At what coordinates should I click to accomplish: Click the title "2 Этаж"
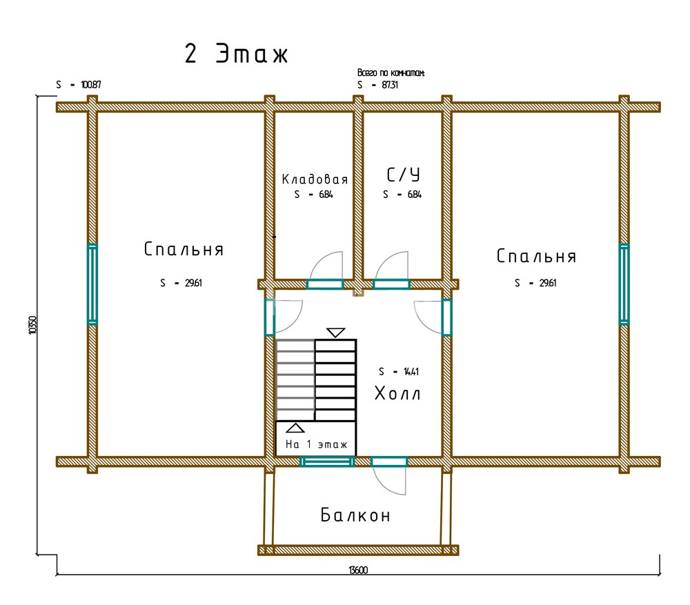pos(236,54)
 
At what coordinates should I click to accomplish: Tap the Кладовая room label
pos(315,179)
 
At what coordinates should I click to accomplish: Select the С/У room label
pos(403,175)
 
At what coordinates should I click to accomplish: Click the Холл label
pos(397,393)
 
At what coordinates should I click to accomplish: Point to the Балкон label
pos(355,515)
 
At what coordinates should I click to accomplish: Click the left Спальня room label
pos(184,249)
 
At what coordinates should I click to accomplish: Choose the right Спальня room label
pos(536,256)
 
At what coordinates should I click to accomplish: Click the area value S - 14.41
pos(399,372)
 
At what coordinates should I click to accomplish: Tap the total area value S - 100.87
pos(79,84)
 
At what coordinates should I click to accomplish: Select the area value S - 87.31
pos(378,85)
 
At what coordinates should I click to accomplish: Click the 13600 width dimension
pos(358,571)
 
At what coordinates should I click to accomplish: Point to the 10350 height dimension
pos(32,325)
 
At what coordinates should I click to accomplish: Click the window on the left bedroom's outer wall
pos(92,284)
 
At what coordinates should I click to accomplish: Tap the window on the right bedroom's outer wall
pos(624,284)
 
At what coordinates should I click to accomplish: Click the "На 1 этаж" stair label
pos(317,444)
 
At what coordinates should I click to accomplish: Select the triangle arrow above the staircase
pos(336,333)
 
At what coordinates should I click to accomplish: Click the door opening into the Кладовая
pos(325,284)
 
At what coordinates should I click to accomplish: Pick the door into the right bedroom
pos(446,317)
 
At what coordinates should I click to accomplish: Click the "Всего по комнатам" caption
pos(391,72)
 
